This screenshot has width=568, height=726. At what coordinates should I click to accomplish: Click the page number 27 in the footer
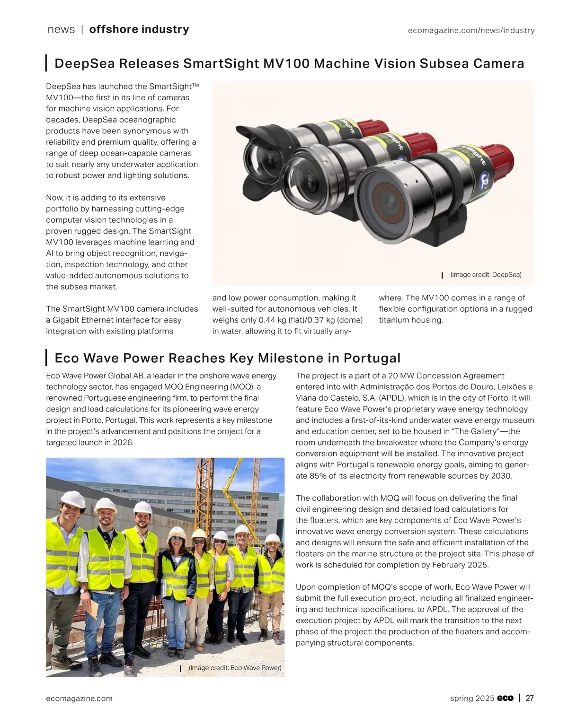pos(530,698)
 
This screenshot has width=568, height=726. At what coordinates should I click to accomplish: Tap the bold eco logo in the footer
pos(506,698)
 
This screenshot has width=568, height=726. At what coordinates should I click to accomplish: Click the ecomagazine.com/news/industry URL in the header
pos(471,31)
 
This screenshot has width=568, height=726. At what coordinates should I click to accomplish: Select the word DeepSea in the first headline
pos(81,63)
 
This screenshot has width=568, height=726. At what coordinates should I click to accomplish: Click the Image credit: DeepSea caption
pos(486,275)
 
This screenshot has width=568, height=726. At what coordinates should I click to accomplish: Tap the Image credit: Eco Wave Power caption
pos(235,668)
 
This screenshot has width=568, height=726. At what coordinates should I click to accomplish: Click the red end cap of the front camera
pos(499,156)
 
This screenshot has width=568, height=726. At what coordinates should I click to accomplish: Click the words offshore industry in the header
pos(139,29)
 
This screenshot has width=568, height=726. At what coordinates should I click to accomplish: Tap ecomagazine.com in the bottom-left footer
pos(79,699)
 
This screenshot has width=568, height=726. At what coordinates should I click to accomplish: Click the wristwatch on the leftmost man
pos(82,590)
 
